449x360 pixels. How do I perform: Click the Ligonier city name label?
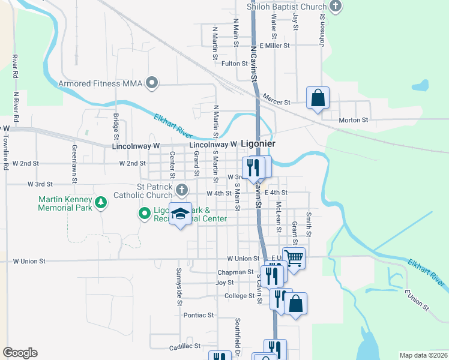coord(258,144)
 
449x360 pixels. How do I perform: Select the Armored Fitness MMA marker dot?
coord(152,83)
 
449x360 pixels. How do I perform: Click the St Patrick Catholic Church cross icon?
coord(182,191)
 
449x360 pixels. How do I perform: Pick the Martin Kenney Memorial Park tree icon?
coord(102,203)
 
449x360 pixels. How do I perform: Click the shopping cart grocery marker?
coord(294,258)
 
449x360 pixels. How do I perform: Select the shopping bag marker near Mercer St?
coord(318,98)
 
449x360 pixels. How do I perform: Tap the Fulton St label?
coord(235,63)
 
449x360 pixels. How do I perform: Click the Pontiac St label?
coord(199,315)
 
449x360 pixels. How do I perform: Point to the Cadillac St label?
coord(184,347)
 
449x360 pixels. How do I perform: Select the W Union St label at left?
coord(29,261)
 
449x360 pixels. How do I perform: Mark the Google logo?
coord(20,353)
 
